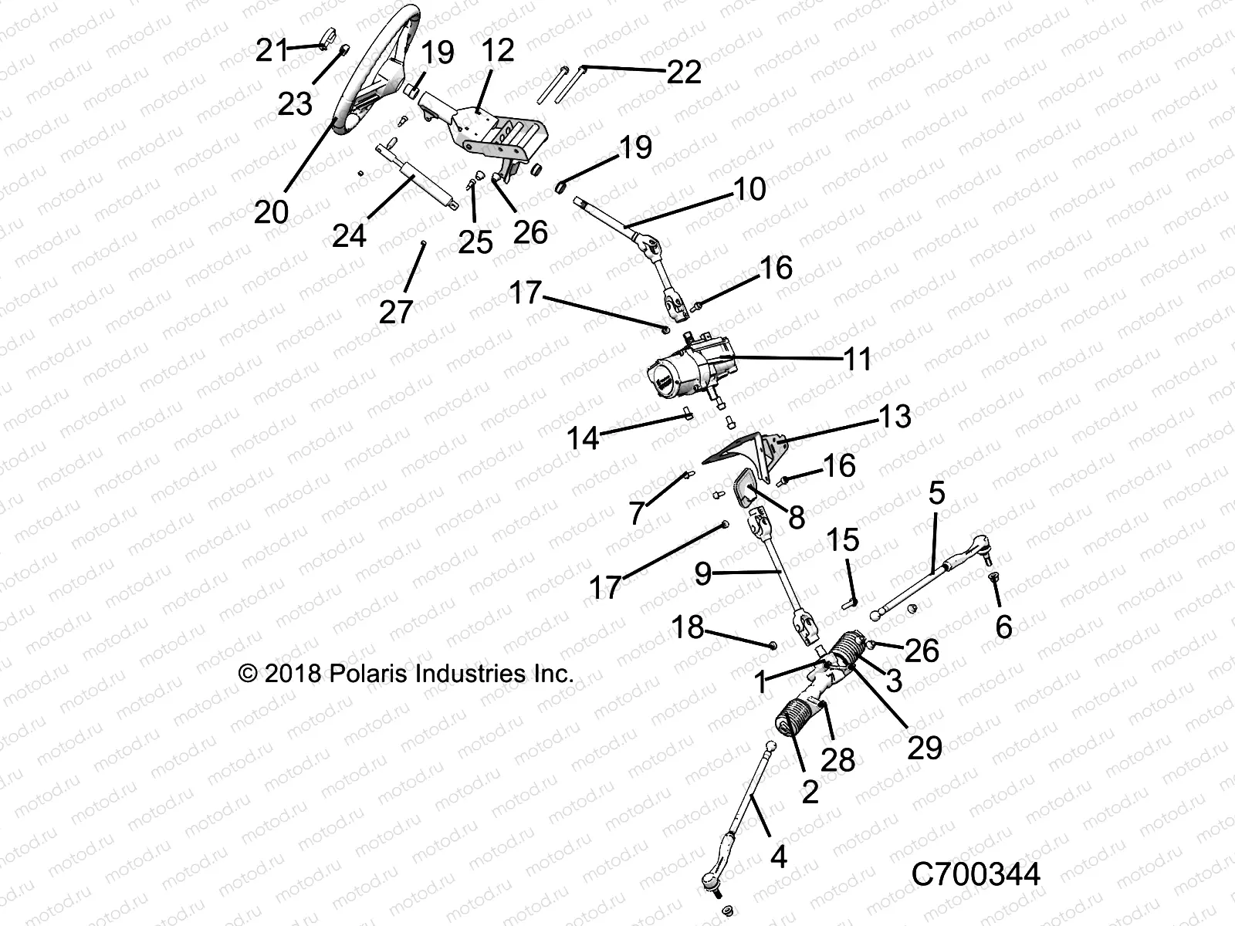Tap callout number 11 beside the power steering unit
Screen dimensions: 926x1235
point(858,360)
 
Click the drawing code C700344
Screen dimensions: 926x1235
point(976,875)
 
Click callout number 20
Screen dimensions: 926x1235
point(271,211)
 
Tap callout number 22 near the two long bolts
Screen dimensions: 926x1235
point(684,72)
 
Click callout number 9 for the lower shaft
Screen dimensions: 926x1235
point(702,573)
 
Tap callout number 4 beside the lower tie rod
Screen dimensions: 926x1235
point(779,856)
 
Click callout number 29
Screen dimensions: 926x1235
point(924,747)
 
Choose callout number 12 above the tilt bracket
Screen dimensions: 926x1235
point(497,51)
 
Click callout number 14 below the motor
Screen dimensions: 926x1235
point(583,438)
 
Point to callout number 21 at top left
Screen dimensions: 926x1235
point(271,52)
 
